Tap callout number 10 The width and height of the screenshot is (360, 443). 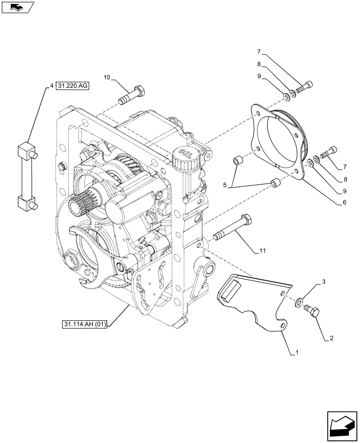coord(107,77)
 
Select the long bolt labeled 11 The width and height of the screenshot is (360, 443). coord(233,228)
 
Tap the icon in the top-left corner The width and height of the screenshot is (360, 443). coord(17,7)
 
